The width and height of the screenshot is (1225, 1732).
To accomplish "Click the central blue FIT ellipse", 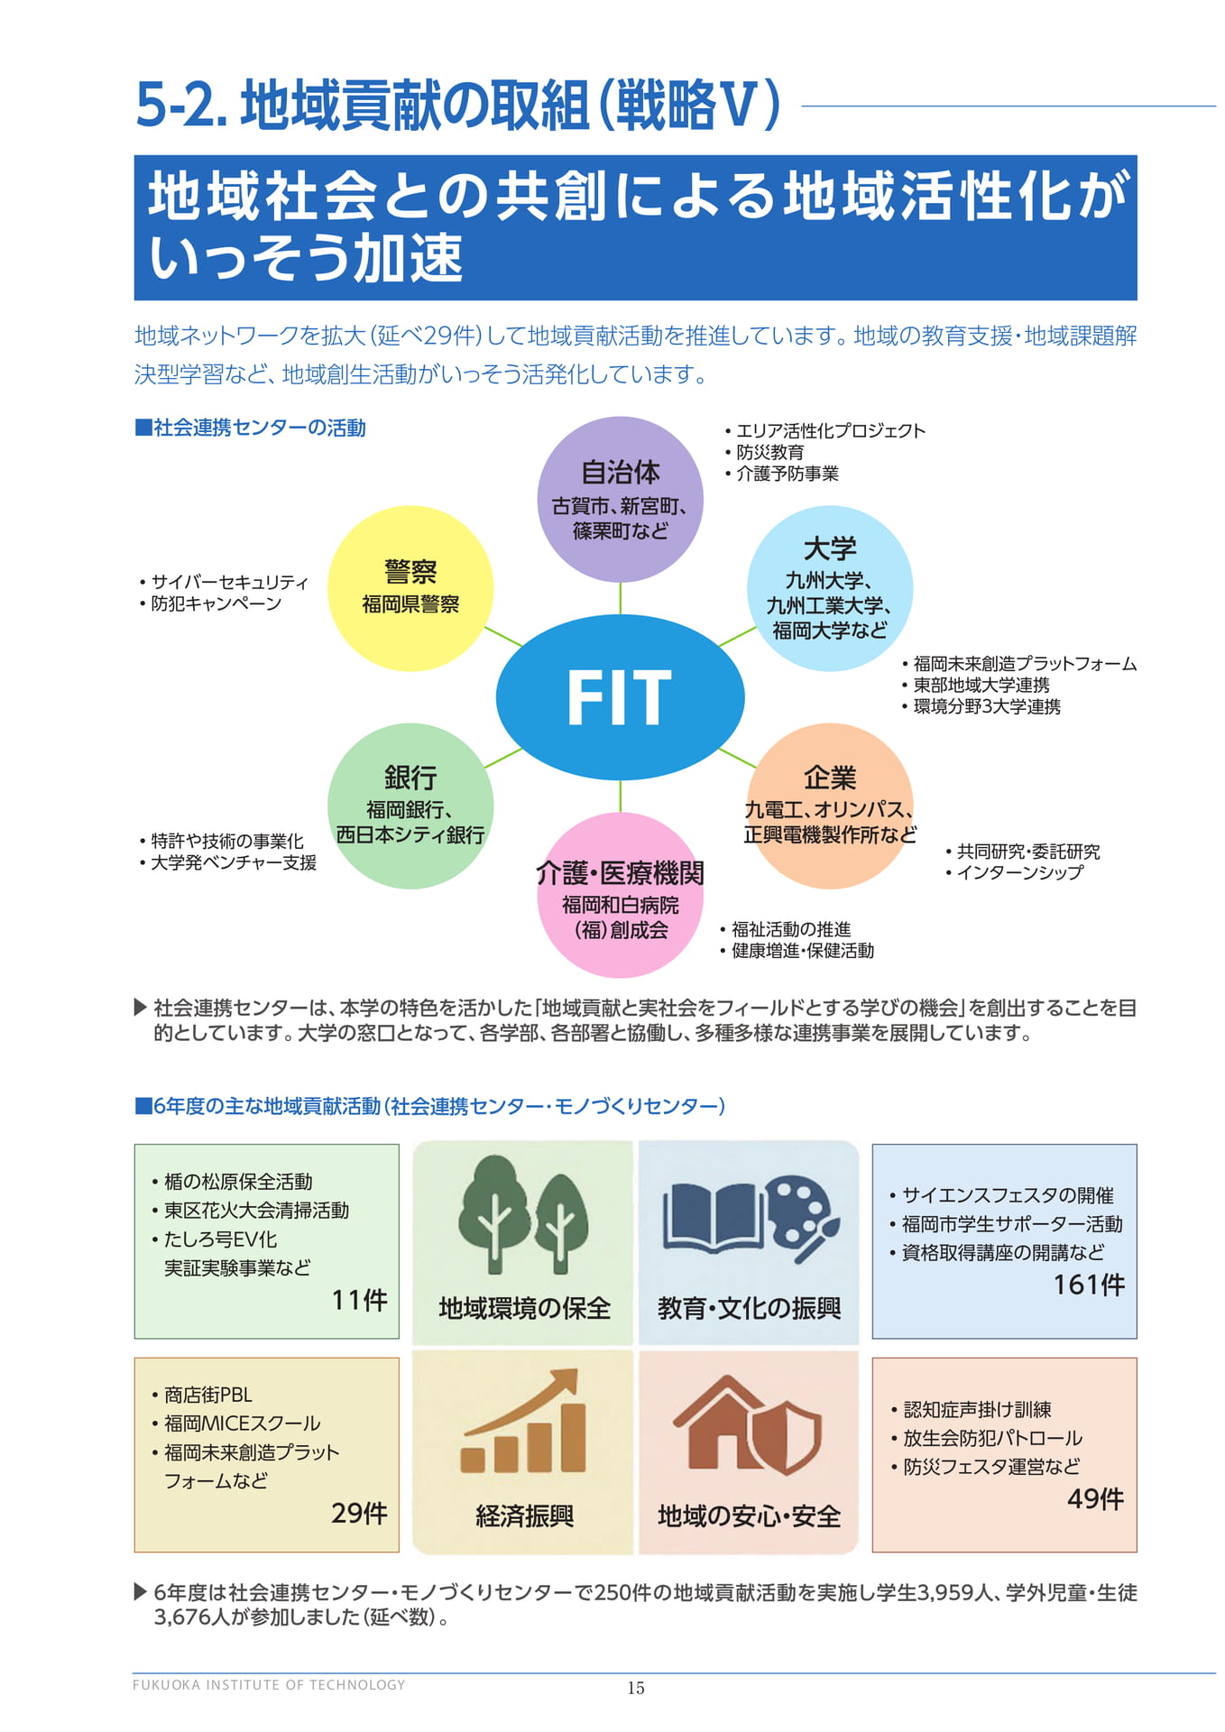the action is coord(620,697).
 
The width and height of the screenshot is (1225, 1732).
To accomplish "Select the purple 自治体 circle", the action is coord(621,499).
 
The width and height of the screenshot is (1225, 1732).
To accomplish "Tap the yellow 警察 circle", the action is coord(410,588).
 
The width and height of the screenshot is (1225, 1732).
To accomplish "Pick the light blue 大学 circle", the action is coord(830,588).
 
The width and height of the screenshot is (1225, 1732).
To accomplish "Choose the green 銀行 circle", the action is coord(410,806).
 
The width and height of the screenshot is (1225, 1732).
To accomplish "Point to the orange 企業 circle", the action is coord(830,806).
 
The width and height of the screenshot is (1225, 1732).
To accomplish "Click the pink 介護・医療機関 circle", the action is coord(621,895).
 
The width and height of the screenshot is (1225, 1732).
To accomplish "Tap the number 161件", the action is coord(1089,1285).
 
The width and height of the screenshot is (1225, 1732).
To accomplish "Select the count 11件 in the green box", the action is coord(359,1300).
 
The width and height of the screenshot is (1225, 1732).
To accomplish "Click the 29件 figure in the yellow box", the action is coord(359,1513).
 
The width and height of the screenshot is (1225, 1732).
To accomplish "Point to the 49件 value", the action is coord(1095,1498).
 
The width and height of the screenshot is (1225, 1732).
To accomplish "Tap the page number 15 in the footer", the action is coord(636,1688).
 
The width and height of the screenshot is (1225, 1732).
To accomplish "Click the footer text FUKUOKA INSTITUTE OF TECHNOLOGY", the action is coord(269,1684).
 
